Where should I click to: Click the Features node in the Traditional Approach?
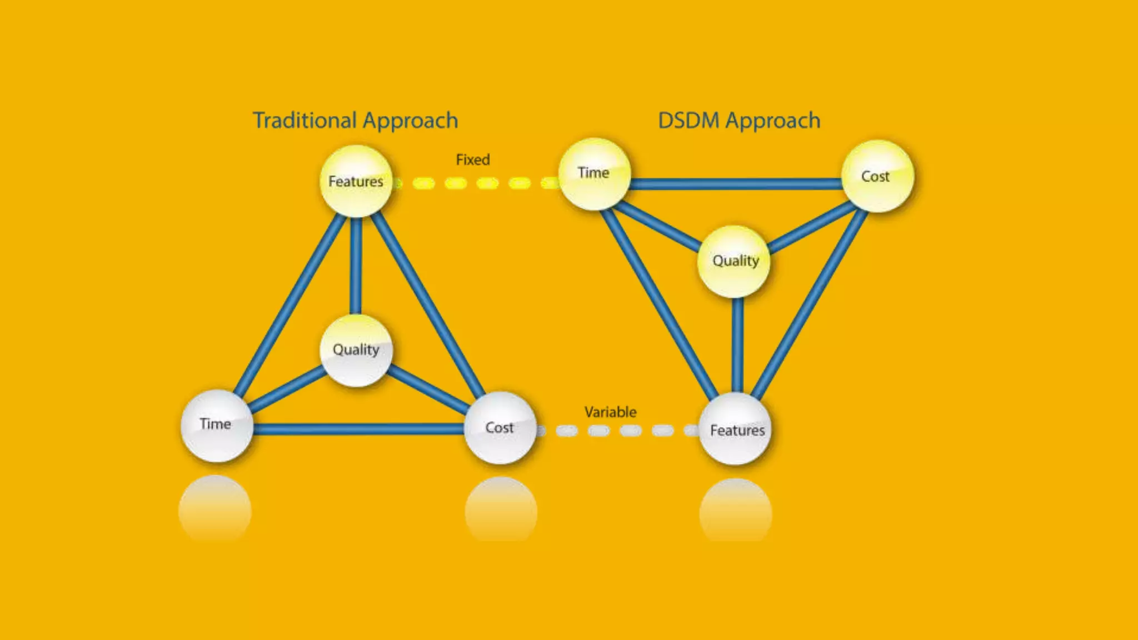(356, 181)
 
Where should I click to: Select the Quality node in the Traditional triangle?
(356, 350)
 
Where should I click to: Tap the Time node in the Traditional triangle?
(216, 426)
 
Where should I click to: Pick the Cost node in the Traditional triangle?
(500, 428)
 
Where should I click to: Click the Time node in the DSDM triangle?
(593, 174)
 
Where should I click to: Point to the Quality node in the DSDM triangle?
(734, 261)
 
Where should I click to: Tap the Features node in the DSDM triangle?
(736, 429)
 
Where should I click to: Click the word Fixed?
(473, 160)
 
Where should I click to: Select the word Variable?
(610, 412)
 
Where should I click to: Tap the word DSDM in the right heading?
(688, 121)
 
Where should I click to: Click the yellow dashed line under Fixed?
(487, 183)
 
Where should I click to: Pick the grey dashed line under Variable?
(631, 431)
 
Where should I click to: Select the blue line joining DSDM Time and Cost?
(736, 183)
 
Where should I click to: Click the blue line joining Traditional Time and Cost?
(358, 429)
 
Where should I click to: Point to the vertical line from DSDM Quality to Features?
(737, 344)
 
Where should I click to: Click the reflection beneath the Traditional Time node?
(215, 508)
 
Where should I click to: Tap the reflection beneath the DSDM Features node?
(736, 510)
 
